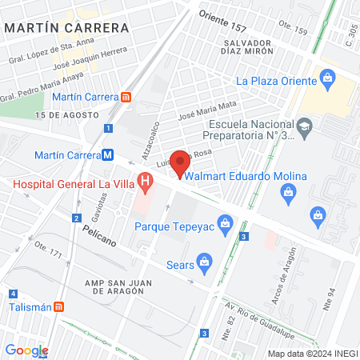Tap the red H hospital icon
click(x=144, y=183)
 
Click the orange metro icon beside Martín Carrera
click(x=126, y=97)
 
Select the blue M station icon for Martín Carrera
click(x=107, y=155)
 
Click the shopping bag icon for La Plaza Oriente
click(x=326, y=78)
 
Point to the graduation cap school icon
click(x=304, y=126)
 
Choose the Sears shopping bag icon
click(x=206, y=262)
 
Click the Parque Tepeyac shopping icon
click(x=226, y=222)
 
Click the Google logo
click(x=26, y=350)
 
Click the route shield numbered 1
click(x=108, y=128)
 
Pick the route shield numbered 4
click(x=14, y=294)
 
